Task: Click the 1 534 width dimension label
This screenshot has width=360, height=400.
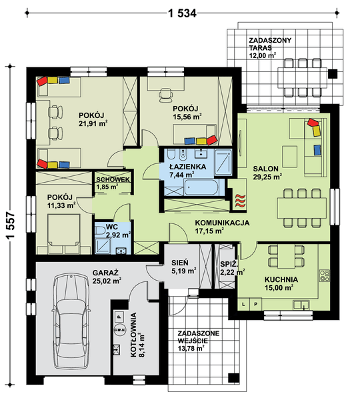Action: click(x=182, y=13)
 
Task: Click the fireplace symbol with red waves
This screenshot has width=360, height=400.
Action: click(x=240, y=201)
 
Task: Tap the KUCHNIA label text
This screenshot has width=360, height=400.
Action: click(x=281, y=279)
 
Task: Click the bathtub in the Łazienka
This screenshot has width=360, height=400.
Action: click(x=201, y=187)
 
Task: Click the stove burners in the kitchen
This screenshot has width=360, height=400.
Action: click(x=325, y=276)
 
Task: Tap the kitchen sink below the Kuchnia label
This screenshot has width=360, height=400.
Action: click(x=301, y=305)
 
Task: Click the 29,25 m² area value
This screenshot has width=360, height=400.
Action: click(x=267, y=177)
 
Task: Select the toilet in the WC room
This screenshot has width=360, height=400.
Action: click(x=100, y=231)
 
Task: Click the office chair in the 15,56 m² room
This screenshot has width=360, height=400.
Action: click(x=165, y=95)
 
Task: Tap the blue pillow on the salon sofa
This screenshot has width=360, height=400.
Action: click(x=317, y=150)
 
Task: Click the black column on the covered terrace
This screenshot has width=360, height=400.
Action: click(x=333, y=74)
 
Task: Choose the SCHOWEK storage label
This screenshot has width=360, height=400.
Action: click(x=113, y=179)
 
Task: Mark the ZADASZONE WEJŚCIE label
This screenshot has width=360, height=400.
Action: click(x=198, y=337)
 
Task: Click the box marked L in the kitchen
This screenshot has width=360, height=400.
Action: click(x=243, y=304)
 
